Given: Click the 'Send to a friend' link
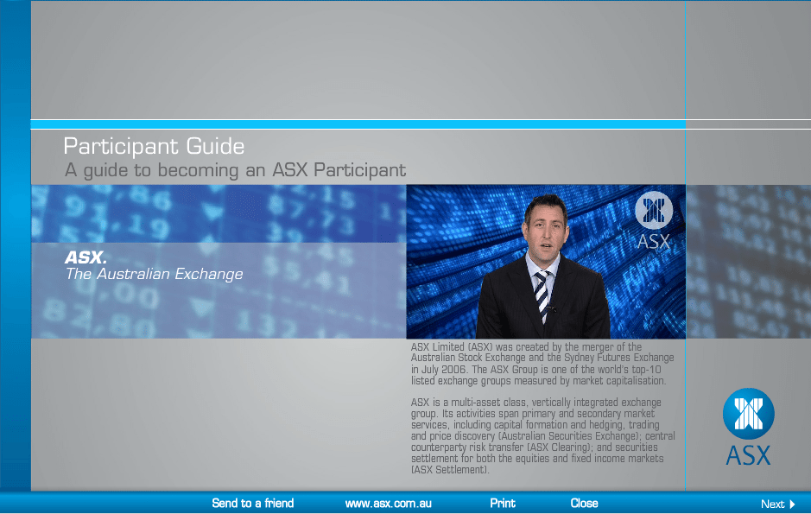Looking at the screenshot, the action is pos(252,503).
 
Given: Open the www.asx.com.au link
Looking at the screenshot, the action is pos(389,503).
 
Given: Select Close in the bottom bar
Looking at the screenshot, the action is pos(584,503).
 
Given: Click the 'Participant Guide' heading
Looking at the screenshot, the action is pos(154,146).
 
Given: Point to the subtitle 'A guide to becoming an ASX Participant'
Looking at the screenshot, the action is pos(235,170).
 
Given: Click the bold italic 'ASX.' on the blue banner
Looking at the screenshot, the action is pos(86,257).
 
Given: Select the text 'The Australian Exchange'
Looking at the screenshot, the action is pos(154,274).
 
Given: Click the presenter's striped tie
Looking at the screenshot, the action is pos(542,295).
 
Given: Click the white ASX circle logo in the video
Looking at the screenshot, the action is pos(654,211).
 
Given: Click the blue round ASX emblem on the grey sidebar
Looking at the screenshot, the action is pos(749,414).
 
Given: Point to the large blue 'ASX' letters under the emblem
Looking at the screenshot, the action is pos(749,455).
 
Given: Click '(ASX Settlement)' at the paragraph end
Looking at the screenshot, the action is pos(450,470).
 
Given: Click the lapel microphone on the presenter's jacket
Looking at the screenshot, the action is pos(551,309).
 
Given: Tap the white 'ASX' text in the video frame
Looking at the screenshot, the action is pos(654,241).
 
